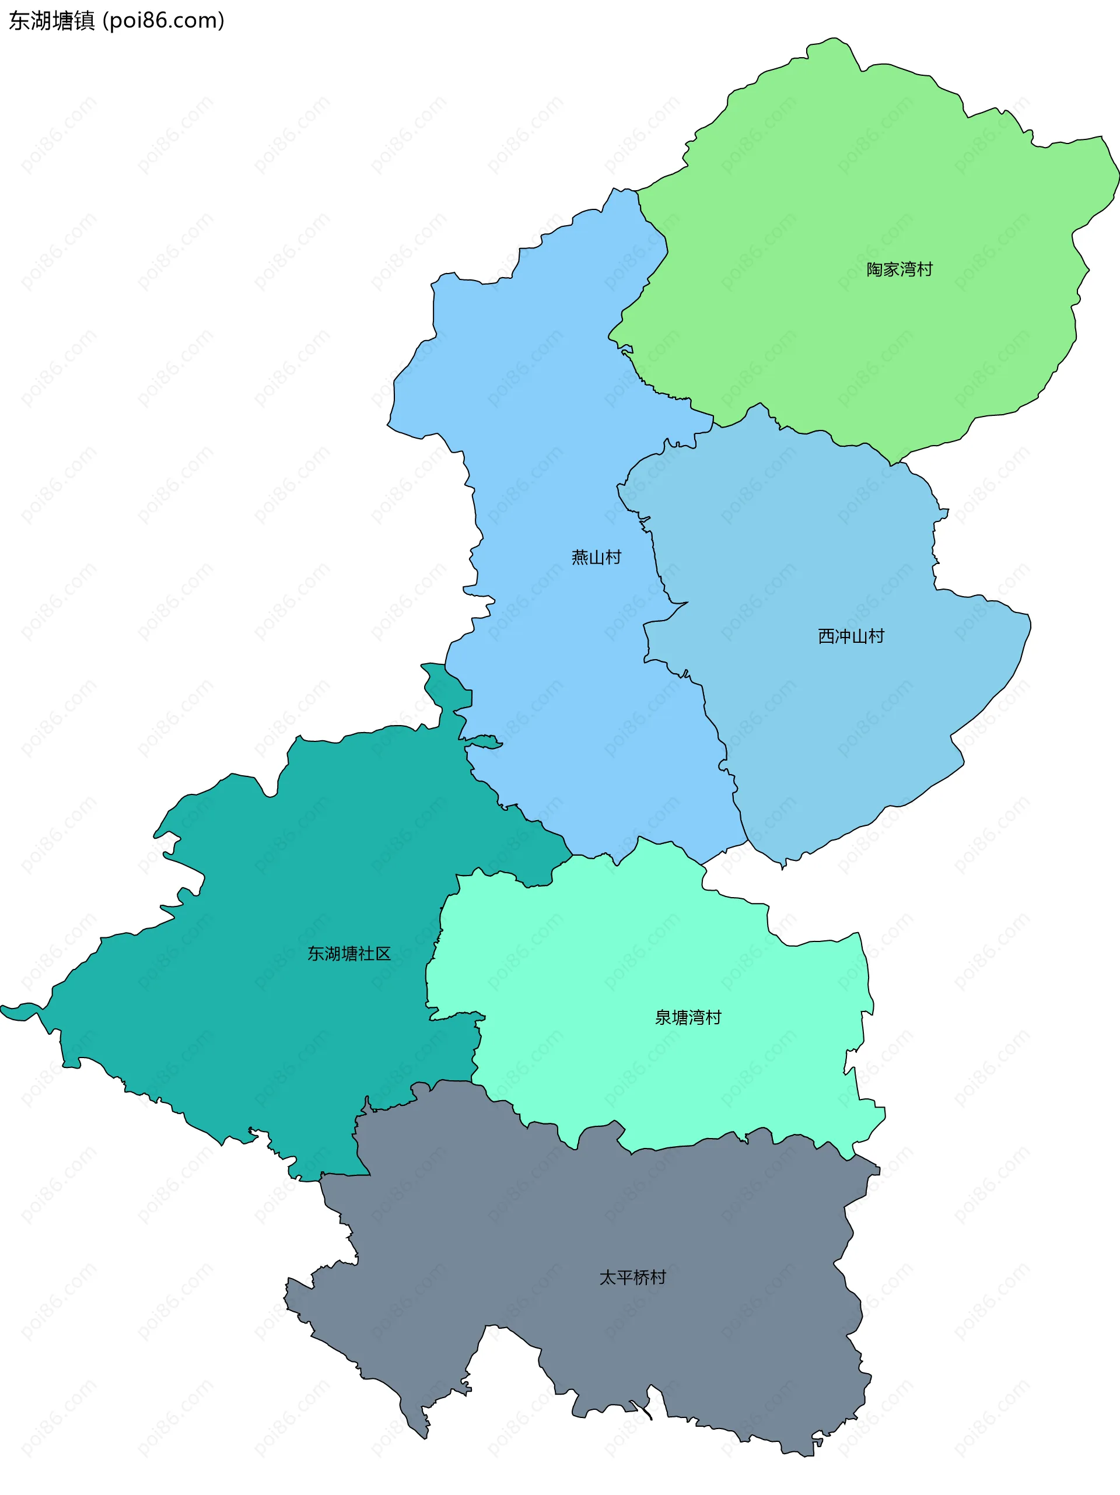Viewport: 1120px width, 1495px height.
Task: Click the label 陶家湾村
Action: click(x=899, y=269)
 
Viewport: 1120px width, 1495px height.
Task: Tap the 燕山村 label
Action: click(x=596, y=558)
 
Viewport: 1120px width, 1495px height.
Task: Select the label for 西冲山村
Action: click(x=851, y=636)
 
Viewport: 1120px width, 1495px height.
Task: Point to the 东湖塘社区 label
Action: click(x=349, y=954)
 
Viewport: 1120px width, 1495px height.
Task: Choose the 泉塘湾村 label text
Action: click(x=688, y=1017)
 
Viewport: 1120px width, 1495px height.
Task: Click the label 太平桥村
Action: click(x=633, y=1277)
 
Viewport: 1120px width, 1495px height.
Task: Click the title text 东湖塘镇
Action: click(x=52, y=21)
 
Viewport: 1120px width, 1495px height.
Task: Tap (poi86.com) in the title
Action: click(x=163, y=21)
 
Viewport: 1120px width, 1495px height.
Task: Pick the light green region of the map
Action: click(x=845, y=203)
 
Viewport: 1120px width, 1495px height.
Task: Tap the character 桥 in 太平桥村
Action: click(x=640, y=1277)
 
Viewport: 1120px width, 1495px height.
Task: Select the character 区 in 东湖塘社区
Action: click(x=383, y=954)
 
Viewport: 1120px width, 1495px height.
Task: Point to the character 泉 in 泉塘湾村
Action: click(x=663, y=1017)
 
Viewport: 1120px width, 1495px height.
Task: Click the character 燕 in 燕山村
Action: click(x=580, y=558)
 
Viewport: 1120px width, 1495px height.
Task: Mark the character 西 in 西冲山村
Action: click(x=826, y=636)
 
